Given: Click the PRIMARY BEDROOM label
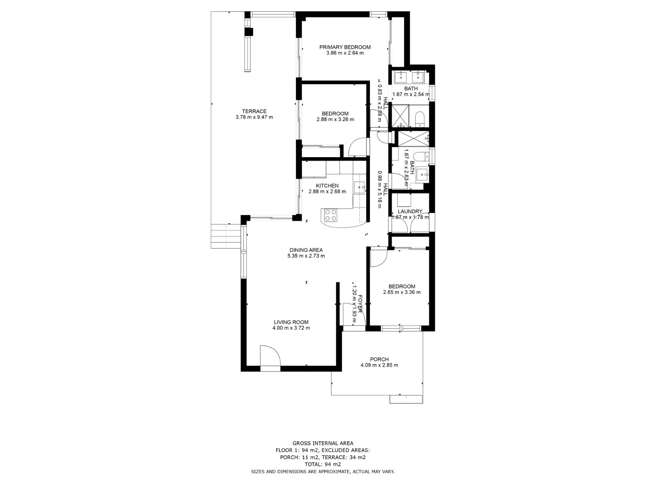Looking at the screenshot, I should click(x=345, y=47).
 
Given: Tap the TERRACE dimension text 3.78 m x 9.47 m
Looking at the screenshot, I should click(x=254, y=118).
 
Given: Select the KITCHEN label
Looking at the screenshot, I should click(x=327, y=186).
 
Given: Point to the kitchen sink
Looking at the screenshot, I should click(x=359, y=187).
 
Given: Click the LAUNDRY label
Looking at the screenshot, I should click(x=410, y=211).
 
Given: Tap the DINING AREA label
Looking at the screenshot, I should click(x=306, y=250).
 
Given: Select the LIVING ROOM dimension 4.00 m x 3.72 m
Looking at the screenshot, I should click(x=291, y=328).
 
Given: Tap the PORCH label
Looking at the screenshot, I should click(x=379, y=359).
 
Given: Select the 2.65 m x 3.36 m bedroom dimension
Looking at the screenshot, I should click(x=402, y=292).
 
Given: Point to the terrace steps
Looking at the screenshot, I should click(x=225, y=236).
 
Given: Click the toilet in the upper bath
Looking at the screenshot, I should click(x=419, y=118).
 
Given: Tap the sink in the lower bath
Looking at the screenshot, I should click(x=422, y=175).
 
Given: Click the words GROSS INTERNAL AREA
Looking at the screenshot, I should click(x=323, y=443).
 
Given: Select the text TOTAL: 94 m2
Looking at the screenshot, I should click(x=323, y=464).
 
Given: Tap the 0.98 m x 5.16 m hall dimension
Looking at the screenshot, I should click(x=380, y=189).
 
